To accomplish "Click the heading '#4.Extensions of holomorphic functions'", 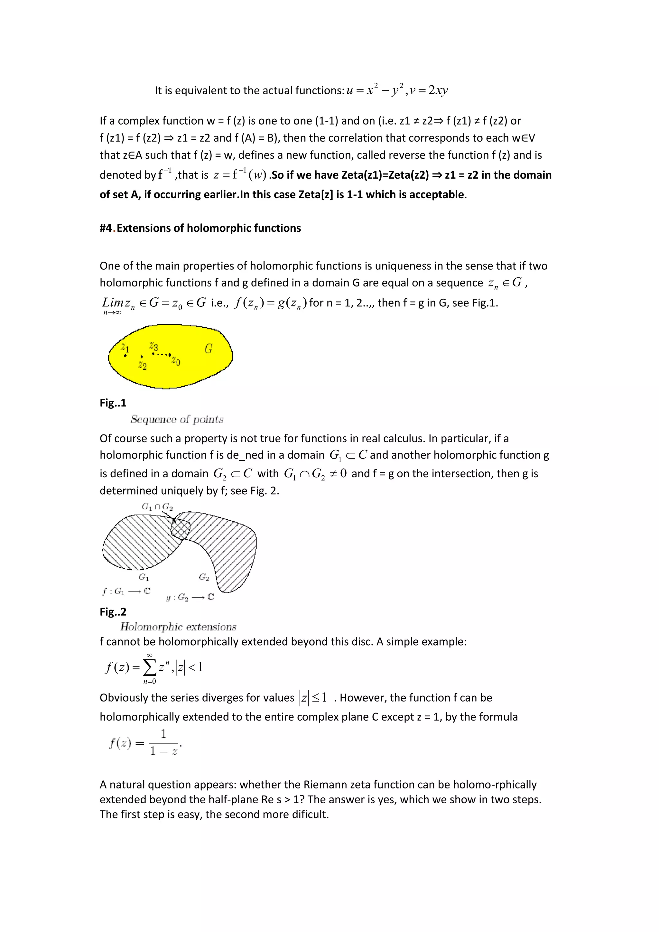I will tap(200, 228).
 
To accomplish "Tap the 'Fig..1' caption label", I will tap(113, 403).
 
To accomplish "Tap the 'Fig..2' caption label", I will tap(113, 612).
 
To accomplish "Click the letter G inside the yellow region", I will tap(209, 349).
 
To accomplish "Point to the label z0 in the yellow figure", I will tap(176, 361).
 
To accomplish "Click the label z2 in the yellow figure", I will tap(142, 365).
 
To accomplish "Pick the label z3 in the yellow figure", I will tap(153, 346).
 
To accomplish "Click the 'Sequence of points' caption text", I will tap(177, 419).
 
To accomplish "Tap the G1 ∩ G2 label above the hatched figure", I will tap(157, 507).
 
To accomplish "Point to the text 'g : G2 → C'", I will tap(190, 597).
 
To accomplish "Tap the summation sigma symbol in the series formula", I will tap(149, 668).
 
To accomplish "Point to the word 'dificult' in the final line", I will tap(310, 814).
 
